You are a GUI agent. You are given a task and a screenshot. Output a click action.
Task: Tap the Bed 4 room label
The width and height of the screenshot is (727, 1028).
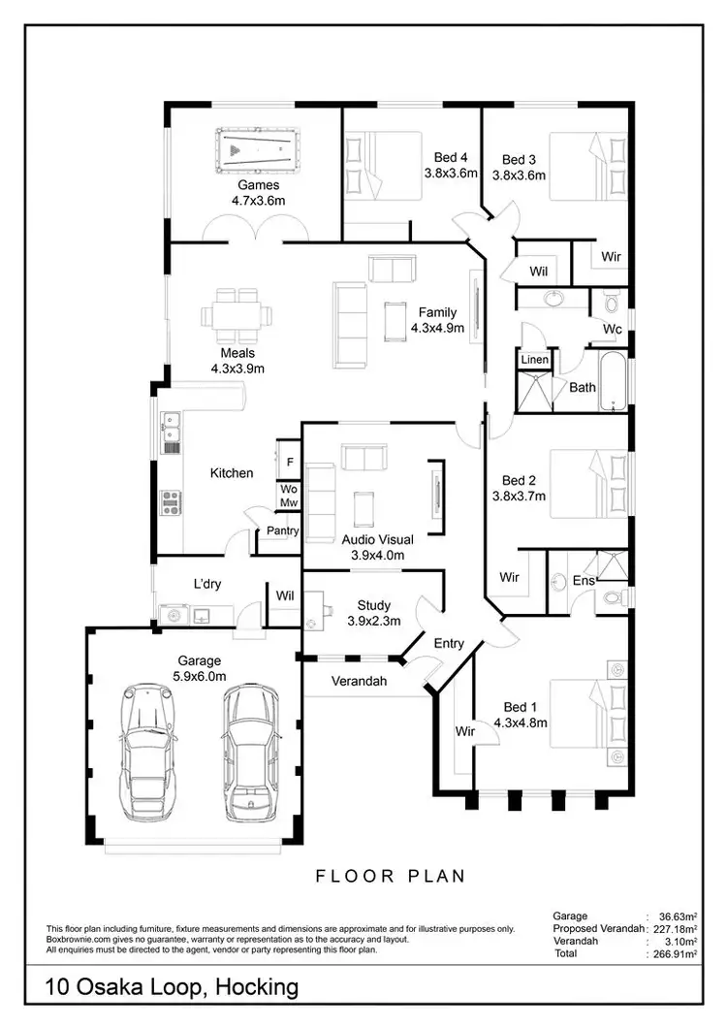(x=450, y=166)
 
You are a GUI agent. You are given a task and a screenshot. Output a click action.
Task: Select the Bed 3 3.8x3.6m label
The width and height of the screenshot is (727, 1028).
(x=519, y=168)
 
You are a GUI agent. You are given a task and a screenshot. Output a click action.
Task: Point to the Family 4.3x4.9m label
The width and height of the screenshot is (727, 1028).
(x=437, y=320)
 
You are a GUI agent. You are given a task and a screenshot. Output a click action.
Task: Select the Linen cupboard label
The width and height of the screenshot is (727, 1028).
(x=535, y=360)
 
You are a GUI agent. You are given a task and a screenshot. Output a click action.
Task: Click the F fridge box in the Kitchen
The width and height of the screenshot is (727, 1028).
(x=290, y=463)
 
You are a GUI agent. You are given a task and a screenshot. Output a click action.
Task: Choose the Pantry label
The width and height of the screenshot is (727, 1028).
(x=283, y=530)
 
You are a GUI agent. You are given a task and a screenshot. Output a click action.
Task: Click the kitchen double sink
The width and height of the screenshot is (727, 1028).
(x=171, y=432)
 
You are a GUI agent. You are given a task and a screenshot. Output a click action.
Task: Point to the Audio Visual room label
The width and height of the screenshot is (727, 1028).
(x=378, y=548)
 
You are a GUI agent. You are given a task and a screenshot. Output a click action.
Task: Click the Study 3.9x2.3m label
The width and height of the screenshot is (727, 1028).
(x=373, y=614)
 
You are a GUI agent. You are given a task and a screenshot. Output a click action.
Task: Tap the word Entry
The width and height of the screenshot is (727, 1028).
(x=449, y=643)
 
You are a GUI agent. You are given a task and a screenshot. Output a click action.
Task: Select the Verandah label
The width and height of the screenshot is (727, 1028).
(x=360, y=682)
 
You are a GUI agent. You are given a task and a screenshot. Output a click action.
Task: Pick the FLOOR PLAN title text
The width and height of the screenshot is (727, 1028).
(x=391, y=876)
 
